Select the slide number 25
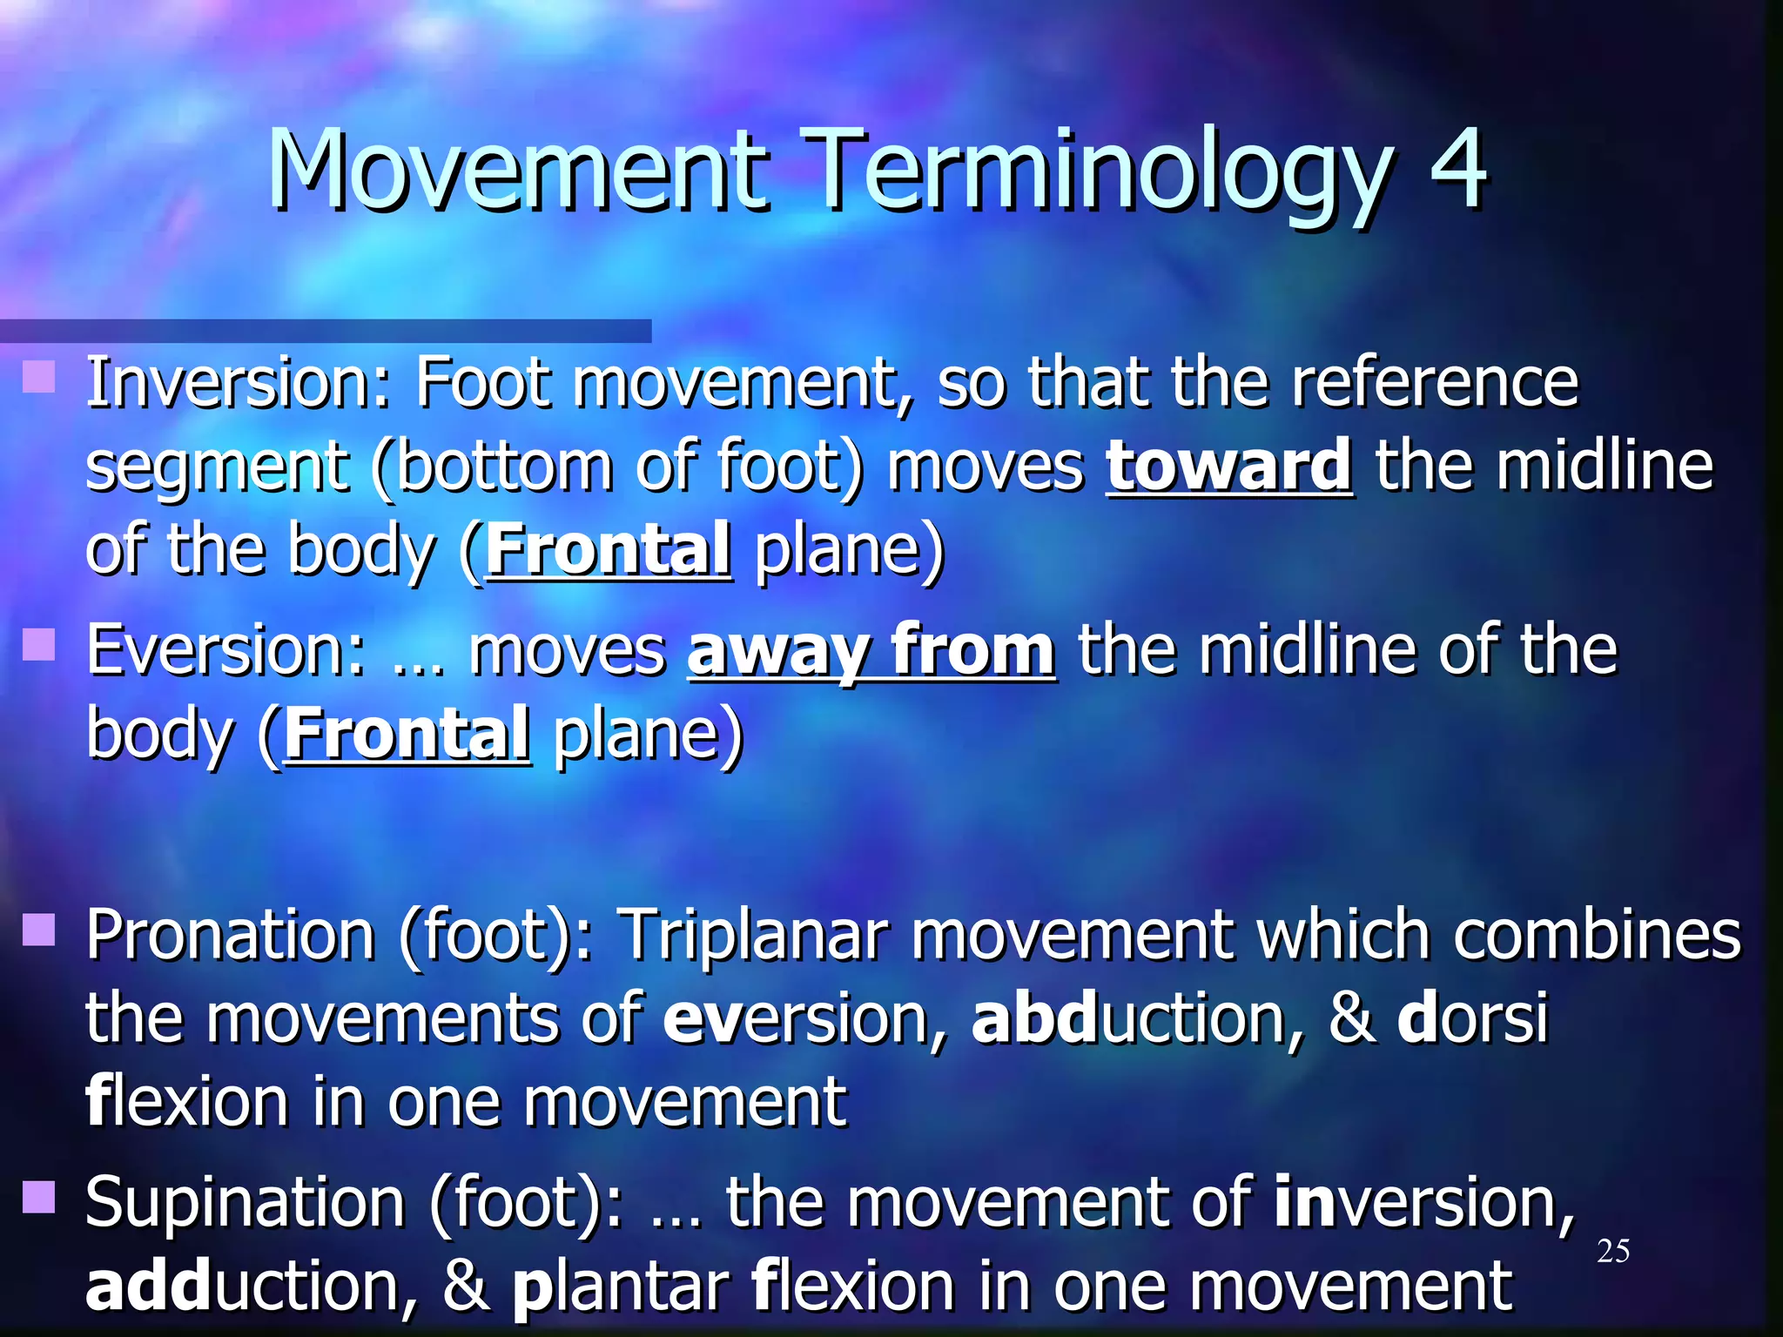coord(1612,1252)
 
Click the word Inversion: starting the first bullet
coord(239,383)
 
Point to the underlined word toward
coord(1228,467)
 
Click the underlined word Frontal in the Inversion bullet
coord(608,550)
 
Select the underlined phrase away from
coord(871,651)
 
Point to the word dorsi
coord(1472,1018)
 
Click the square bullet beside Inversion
coord(39,378)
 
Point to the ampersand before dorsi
coord(1351,1018)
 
